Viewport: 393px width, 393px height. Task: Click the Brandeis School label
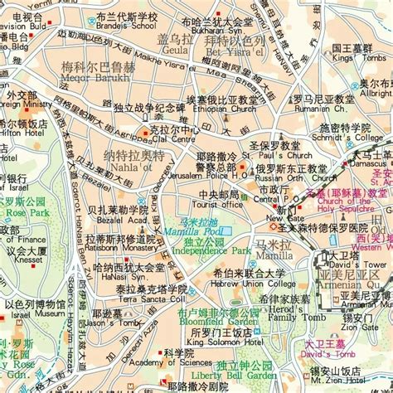[127, 26]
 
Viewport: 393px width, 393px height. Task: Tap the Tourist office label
[214, 204]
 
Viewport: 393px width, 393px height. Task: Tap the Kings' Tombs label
[352, 58]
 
